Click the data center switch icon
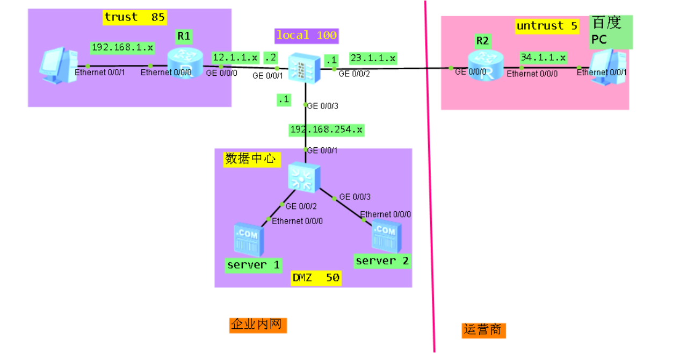(x=304, y=177)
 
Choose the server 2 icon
(x=385, y=236)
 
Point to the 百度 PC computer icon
(x=609, y=67)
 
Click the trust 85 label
(x=134, y=17)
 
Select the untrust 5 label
(x=547, y=26)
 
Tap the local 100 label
(x=306, y=35)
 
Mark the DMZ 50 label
(x=316, y=278)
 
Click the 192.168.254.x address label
(x=326, y=129)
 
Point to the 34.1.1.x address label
(x=543, y=57)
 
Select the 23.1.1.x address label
(x=373, y=57)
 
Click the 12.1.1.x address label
(x=235, y=57)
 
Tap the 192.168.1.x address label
(x=122, y=47)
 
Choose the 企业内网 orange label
(x=258, y=325)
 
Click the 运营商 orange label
(x=483, y=329)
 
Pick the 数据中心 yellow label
(x=252, y=159)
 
